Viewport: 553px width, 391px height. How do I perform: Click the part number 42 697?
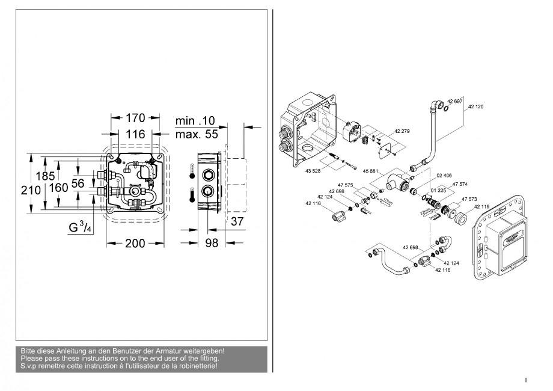click(454, 102)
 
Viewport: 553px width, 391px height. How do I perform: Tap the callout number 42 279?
click(402, 131)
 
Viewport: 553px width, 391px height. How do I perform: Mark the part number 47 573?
click(469, 199)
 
